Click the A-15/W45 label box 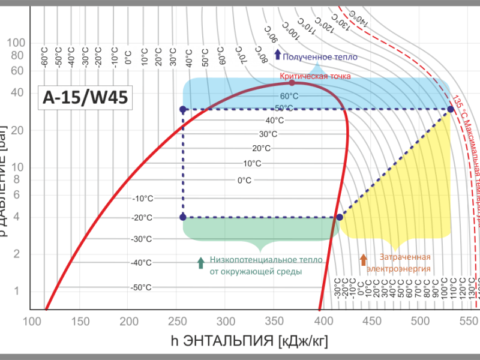(85, 97)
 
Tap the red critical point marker (292, 83)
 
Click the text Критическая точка (315, 76)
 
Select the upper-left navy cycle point (183, 109)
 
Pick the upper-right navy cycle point (451, 109)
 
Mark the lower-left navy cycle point (183, 217)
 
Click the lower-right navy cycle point (340, 217)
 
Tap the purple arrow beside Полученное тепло (277, 55)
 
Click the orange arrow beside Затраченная (363, 259)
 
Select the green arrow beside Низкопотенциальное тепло (200, 262)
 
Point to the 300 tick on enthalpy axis (225, 322)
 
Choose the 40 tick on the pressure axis (18, 92)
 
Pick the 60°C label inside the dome (289, 96)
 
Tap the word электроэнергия (398, 269)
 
